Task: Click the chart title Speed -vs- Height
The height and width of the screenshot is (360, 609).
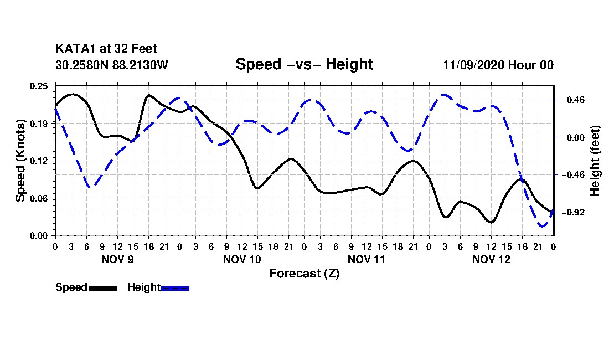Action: tap(304, 64)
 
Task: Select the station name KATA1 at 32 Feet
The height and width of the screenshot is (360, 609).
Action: tap(106, 49)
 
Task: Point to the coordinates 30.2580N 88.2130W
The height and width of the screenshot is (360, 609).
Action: tap(112, 65)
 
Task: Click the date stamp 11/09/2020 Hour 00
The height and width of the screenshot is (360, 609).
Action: tap(498, 65)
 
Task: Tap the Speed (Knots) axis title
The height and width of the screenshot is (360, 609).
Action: tap(20, 161)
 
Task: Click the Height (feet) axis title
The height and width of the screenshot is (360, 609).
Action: tap(595, 161)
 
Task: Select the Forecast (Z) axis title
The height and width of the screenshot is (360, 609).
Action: tap(304, 274)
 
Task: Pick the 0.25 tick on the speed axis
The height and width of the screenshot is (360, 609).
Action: tap(38, 86)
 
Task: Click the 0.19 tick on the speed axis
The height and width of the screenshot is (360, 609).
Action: tap(38, 124)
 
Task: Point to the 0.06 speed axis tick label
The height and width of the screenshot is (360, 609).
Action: tap(38, 198)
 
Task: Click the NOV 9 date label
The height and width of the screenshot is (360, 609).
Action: tap(117, 259)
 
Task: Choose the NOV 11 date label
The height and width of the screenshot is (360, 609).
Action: tap(367, 259)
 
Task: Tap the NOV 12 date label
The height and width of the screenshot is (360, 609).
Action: tap(491, 259)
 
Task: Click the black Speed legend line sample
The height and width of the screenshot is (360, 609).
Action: tap(104, 288)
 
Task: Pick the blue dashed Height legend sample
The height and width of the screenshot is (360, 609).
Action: tap(175, 288)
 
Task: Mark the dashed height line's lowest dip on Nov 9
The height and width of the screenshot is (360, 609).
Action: tap(90, 187)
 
